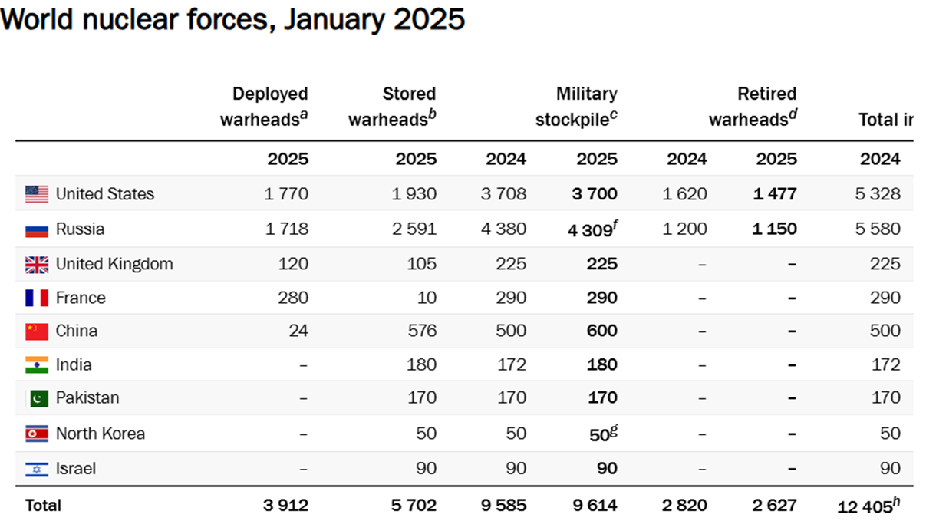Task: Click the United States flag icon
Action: pos(37,194)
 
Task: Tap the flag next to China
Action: pos(37,331)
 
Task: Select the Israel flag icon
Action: pos(37,469)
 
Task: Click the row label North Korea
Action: pos(101,434)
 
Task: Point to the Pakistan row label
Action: pos(87,397)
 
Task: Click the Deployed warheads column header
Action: pos(264,106)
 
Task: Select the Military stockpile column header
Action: pos(576,106)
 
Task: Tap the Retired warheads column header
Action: pos(753,106)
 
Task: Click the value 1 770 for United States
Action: pos(286,194)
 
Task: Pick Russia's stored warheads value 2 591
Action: pos(414,229)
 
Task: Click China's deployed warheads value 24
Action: pos(298,331)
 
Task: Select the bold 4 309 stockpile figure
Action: pos(590,230)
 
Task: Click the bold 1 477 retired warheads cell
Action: pos(775,194)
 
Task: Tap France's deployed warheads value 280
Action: pos(293,298)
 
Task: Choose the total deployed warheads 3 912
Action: pos(285,506)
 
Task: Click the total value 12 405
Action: pos(865,506)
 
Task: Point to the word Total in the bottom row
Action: pos(43,506)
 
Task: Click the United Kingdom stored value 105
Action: pos(422,264)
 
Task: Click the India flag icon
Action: pos(37,364)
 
